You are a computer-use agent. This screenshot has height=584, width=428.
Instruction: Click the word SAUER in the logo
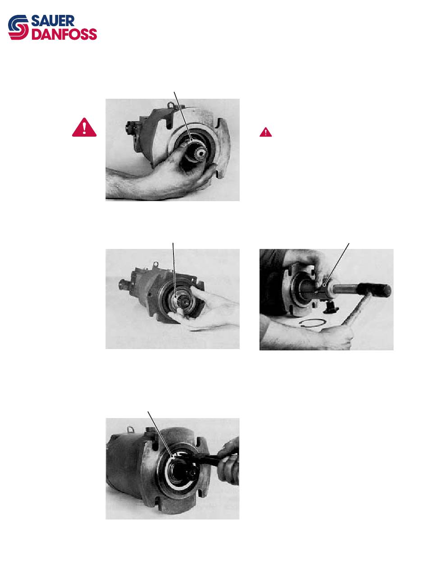coord(53,21)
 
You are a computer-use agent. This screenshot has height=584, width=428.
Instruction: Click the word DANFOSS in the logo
coord(64,34)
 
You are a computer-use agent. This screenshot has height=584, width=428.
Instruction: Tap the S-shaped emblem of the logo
coord(18,28)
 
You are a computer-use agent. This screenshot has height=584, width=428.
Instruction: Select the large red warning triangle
coord(84,127)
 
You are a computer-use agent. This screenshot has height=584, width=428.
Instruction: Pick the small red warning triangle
coord(265,132)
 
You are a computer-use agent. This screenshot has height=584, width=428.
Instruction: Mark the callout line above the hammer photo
coord(336,264)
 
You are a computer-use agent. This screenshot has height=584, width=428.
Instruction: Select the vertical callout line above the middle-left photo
coord(174,270)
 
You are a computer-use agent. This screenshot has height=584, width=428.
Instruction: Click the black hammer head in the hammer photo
coord(374,289)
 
